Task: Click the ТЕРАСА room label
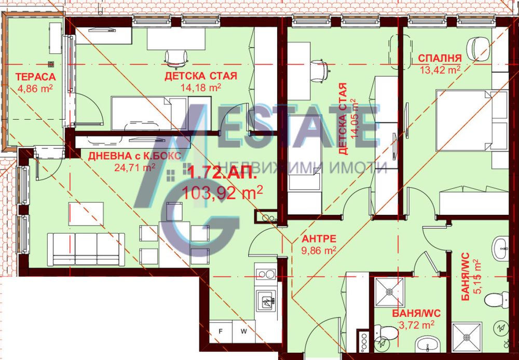[35, 77]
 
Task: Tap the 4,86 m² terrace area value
[35, 88]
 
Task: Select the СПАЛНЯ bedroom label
[440, 58]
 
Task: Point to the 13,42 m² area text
[440, 70]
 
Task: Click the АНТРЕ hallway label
[319, 239]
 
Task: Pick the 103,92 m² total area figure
[223, 192]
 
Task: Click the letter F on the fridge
[221, 331]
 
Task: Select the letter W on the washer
[243, 331]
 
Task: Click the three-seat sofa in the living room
[86, 249]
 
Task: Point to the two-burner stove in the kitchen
[266, 274]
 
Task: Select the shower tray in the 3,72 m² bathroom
[389, 292]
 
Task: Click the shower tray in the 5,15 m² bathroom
[467, 337]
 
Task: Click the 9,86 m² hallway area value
[319, 251]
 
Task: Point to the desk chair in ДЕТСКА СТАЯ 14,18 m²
[176, 59]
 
